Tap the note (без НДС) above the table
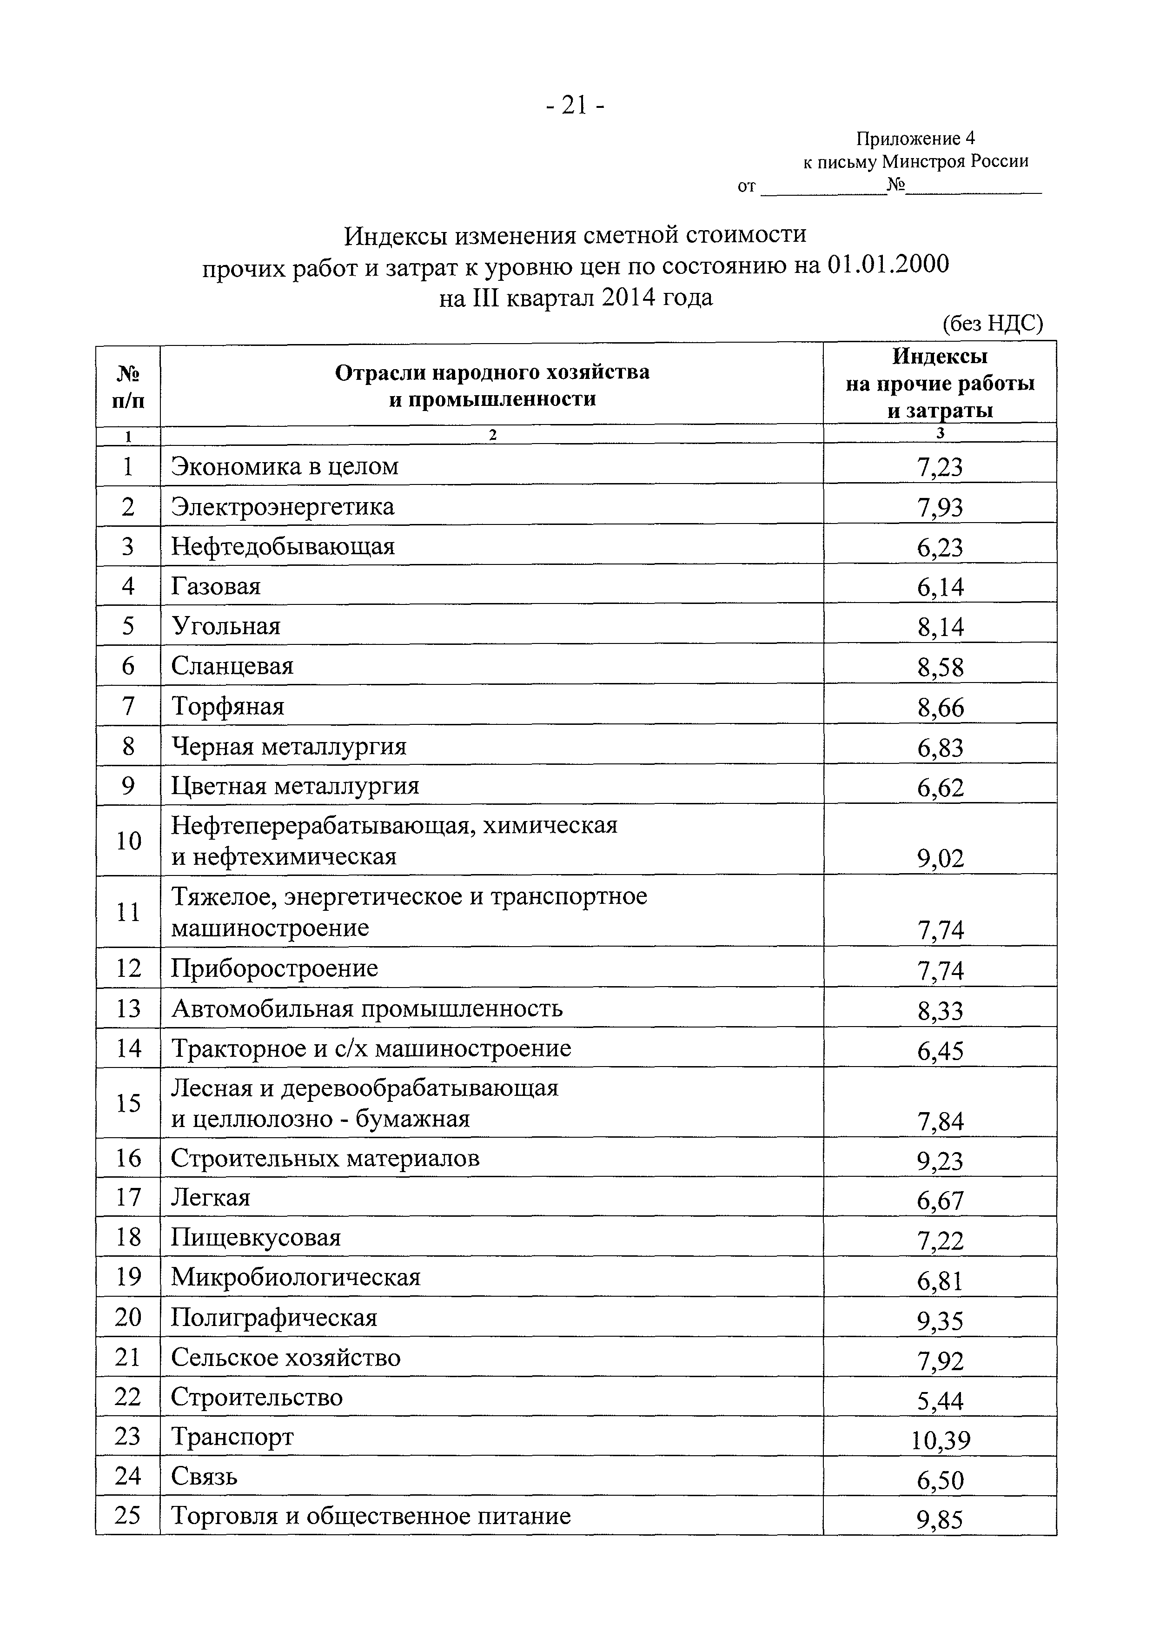pyautogui.click(x=992, y=325)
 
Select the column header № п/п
pyautogui.click(x=128, y=386)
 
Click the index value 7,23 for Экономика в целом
pyautogui.click(x=940, y=467)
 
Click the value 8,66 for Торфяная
pyautogui.click(x=940, y=708)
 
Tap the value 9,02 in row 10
pyautogui.click(x=940, y=859)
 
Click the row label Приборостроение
pyautogui.click(x=274, y=968)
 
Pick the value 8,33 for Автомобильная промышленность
pyautogui.click(x=940, y=1010)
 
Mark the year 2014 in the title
pyautogui.click(x=628, y=297)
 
